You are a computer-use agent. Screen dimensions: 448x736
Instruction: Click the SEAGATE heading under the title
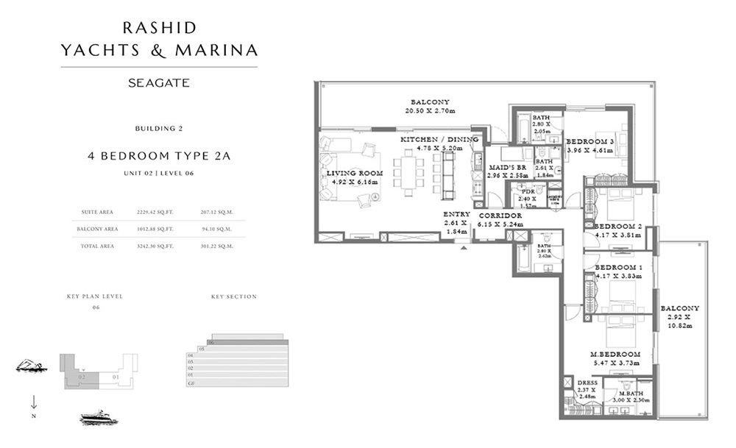(159, 83)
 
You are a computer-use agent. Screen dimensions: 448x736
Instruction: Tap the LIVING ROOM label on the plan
(352, 173)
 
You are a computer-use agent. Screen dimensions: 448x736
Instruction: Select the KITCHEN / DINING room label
(439, 139)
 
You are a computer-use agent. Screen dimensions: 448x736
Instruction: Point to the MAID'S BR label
(506, 168)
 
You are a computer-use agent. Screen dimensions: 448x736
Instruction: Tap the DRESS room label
(587, 383)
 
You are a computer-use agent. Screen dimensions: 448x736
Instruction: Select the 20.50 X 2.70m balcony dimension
(431, 111)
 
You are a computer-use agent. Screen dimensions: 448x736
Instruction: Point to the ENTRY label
(456, 214)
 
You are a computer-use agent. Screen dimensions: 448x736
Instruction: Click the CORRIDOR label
(500, 216)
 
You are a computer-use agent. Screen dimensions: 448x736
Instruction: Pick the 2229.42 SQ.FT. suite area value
(152, 212)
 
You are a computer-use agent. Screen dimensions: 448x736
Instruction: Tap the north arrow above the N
(34, 401)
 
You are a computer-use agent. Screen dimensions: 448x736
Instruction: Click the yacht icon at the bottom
(99, 419)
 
